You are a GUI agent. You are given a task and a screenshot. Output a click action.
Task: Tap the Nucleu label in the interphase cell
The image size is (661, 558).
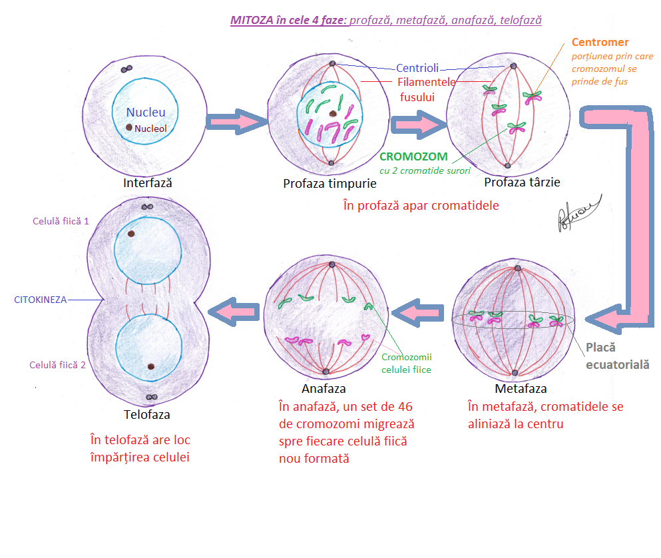146,113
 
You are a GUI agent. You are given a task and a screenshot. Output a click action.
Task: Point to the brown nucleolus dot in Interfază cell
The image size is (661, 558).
129,127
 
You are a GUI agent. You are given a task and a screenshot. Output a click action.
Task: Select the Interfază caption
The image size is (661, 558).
148,182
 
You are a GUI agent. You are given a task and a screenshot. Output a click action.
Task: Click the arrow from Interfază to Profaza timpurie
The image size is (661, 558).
236,122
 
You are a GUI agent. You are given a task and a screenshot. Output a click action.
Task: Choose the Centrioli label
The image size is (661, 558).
417,68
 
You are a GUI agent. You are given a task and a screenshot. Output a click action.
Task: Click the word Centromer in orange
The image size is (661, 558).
600,43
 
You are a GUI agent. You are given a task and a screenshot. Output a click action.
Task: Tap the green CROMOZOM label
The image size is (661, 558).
413,157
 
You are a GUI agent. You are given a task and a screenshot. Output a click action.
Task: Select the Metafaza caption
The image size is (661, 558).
521,388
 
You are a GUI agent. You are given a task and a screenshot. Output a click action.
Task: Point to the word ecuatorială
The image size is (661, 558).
618,364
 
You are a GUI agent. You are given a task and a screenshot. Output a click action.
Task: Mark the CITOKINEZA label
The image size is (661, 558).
41,300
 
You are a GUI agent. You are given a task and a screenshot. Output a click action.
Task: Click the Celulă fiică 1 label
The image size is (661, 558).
60,221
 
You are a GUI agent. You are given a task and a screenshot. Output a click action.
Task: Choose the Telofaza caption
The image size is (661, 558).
147,414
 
